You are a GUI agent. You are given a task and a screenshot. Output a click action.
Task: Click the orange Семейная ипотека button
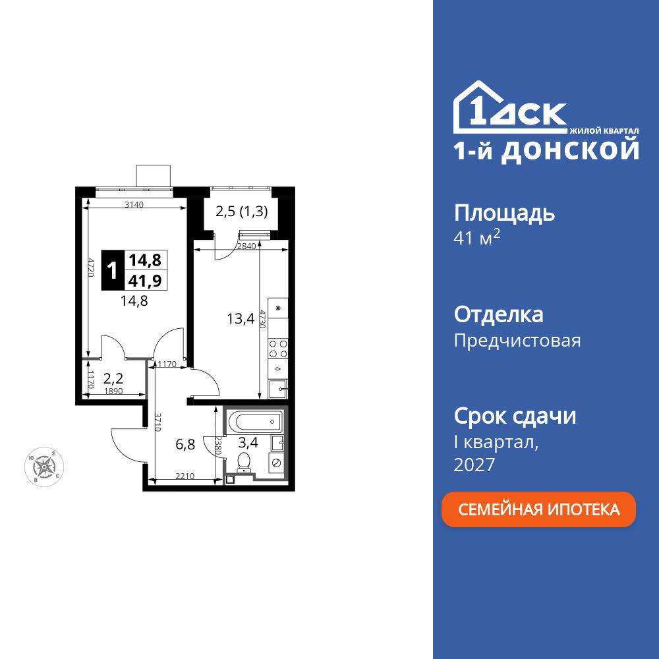tap(538, 509)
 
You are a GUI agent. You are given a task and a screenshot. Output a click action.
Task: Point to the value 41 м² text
tap(477, 239)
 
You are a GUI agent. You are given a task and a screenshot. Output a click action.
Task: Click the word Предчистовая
tap(517, 341)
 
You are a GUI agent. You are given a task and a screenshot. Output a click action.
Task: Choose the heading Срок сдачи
tap(515, 416)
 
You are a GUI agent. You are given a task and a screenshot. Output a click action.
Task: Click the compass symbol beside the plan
tap(45, 467)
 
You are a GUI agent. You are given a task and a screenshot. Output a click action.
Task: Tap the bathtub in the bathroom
tap(254, 422)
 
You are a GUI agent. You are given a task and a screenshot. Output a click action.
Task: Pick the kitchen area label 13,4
tap(241, 320)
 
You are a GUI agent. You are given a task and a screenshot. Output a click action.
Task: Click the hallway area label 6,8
tap(185, 444)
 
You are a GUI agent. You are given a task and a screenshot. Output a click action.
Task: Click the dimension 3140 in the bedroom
tap(134, 205)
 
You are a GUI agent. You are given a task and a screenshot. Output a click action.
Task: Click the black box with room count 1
tap(112, 270)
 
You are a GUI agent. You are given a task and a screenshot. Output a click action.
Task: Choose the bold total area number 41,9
tap(144, 280)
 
